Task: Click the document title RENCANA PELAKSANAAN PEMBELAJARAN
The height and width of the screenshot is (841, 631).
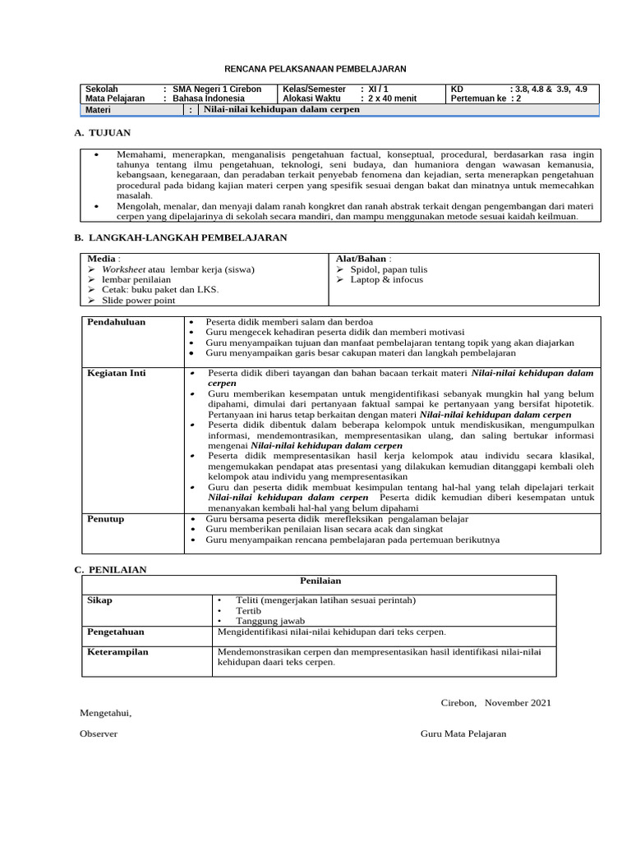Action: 315,69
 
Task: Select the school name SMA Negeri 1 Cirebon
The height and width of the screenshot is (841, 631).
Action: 217,89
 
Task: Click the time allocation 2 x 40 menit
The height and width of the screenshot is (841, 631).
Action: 393,99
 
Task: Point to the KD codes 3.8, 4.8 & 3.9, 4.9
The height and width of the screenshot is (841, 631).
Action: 548,89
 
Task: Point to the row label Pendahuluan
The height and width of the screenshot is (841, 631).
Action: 117,322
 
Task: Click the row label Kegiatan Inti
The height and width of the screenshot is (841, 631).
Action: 117,373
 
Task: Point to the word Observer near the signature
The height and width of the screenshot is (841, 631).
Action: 98,733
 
